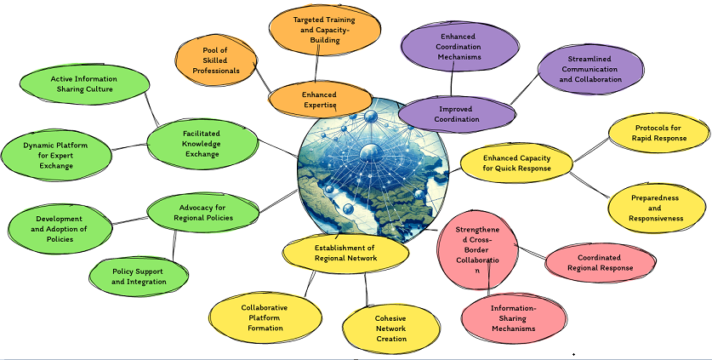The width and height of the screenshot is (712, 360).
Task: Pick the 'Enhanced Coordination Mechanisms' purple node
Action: click(x=459, y=46)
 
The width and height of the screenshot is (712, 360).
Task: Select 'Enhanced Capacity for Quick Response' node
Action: click(x=516, y=163)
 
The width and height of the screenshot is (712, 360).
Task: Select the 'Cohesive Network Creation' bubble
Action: click(x=390, y=329)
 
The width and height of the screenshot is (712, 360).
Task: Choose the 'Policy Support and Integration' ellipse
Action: click(x=139, y=276)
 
